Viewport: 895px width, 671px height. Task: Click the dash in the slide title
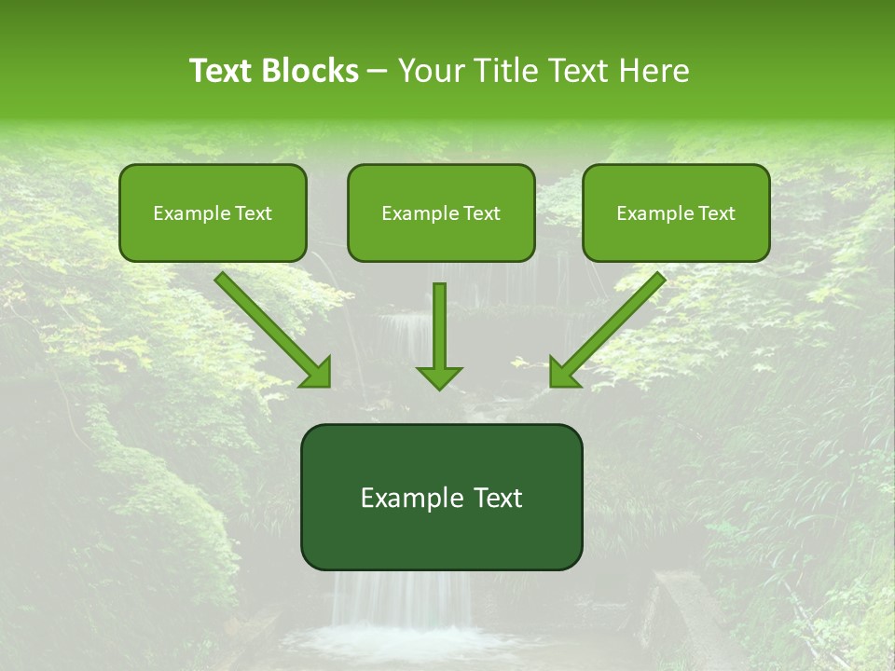point(378,72)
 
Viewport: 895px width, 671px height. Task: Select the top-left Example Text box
point(213,212)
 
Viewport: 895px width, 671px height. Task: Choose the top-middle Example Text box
point(441,212)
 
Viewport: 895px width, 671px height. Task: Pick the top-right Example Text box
point(676,212)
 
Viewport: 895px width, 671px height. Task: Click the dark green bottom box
point(441,497)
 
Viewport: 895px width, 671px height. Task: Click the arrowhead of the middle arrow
point(439,377)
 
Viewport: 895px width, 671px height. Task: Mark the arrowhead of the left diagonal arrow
point(317,373)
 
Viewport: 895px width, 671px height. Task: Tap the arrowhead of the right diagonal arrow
point(563,373)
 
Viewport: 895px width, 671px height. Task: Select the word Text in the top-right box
point(717,213)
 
